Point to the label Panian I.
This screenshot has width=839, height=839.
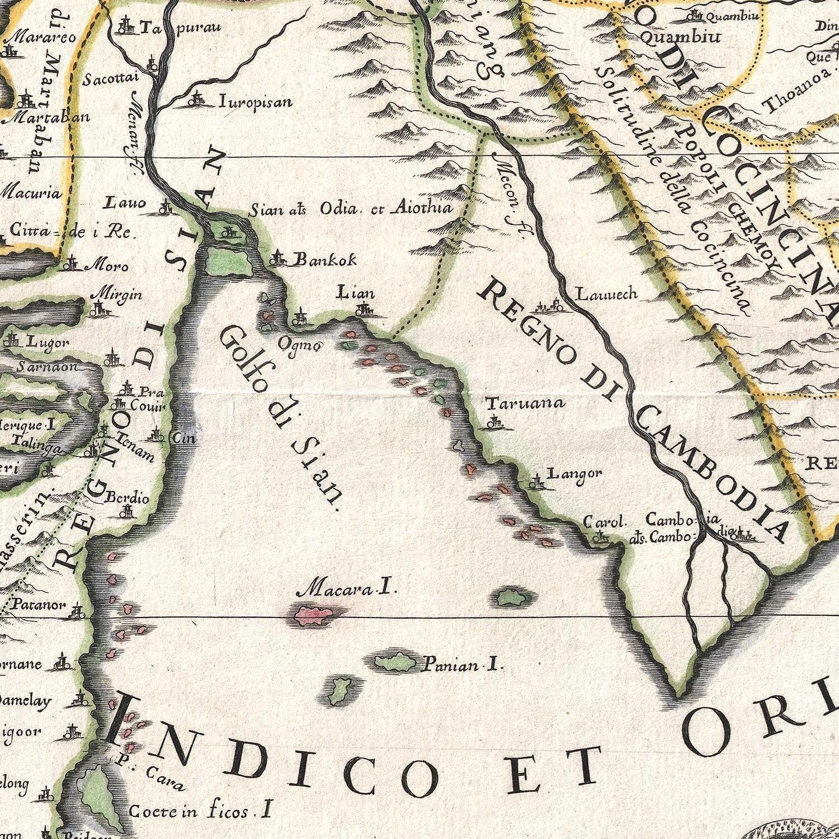(x=463, y=665)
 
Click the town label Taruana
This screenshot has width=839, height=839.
(x=525, y=403)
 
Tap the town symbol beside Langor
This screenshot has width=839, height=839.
(x=537, y=480)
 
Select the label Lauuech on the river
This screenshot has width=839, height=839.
(x=606, y=294)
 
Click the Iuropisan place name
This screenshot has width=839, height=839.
(x=255, y=102)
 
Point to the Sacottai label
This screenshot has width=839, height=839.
(x=110, y=79)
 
